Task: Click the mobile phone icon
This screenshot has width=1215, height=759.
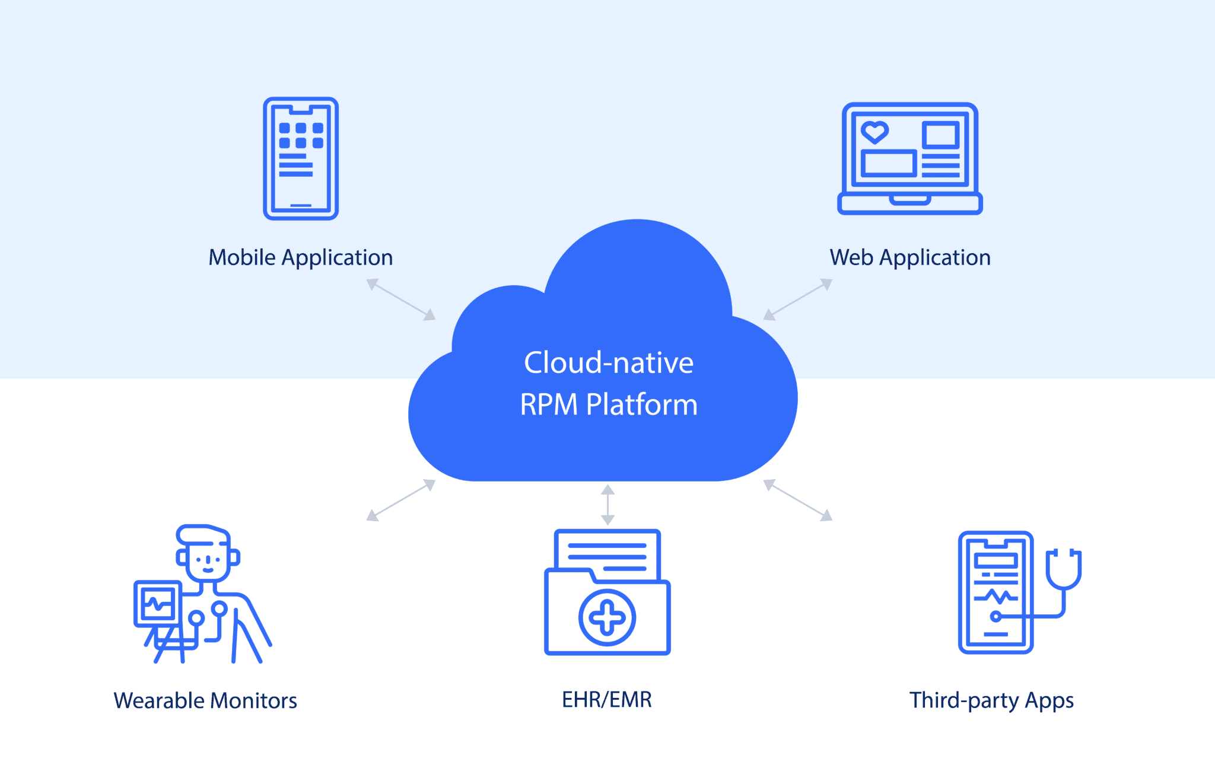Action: pyautogui.click(x=301, y=159)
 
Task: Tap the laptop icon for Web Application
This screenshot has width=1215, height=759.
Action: pyautogui.click(x=909, y=158)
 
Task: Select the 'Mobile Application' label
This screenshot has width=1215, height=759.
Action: pyautogui.click(x=301, y=258)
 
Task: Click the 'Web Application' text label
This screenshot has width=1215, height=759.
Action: pyautogui.click(x=910, y=258)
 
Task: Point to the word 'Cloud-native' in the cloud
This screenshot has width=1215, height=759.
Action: pyautogui.click(x=609, y=362)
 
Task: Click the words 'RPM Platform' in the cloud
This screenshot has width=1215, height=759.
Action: pyautogui.click(x=609, y=405)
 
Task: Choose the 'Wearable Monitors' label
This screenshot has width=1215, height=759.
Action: pyautogui.click(x=205, y=701)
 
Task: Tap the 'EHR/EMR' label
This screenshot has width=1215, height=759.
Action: pyautogui.click(x=606, y=700)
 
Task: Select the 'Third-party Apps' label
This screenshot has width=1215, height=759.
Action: pyautogui.click(x=991, y=701)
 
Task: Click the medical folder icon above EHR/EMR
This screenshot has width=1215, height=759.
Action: pyautogui.click(x=607, y=593)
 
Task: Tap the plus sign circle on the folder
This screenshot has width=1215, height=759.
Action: pyautogui.click(x=607, y=618)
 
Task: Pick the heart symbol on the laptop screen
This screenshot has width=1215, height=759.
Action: pyautogui.click(x=874, y=132)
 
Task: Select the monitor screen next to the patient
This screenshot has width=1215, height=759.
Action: pyautogui.click(x=157, y=604)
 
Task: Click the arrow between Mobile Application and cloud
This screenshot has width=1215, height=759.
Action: pyautogui.click(x=401, y=299)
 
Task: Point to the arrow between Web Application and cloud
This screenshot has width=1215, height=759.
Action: pyautogui.click(x=798, y=299)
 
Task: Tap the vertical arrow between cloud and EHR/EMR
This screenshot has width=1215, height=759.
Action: pyautogui.click(x=607, y=505)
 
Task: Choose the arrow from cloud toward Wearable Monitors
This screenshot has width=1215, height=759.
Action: pyautogui.click(x=401, y=500)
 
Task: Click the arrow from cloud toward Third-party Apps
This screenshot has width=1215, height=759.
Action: pyautogui.click(x=798, y=500)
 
